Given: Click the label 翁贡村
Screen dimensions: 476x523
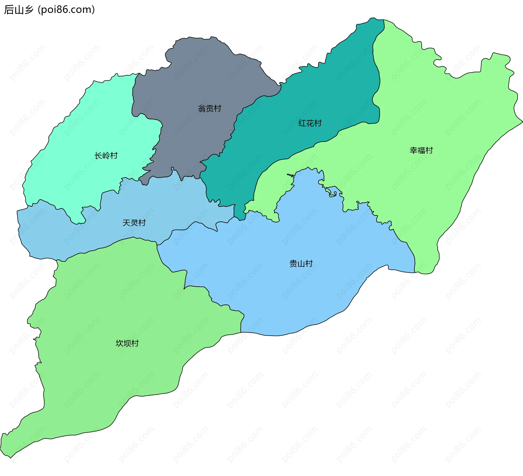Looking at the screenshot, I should coord(209,109).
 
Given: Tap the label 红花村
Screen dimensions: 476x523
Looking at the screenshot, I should coord(310,123).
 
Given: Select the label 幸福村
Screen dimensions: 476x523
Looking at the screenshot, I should coord(421,150).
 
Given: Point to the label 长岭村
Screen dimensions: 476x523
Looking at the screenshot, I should coord(106,156).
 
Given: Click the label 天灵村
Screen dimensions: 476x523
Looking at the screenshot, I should coord(134,223).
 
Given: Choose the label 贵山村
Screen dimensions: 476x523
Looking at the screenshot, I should coord(301,264).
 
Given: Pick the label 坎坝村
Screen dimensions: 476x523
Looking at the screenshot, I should coord(127,343).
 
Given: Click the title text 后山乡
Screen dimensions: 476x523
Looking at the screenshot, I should coord(19,10).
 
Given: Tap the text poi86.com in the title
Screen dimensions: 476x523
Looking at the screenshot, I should coord(66,10).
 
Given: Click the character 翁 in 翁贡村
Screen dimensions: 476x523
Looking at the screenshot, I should coord(202,109).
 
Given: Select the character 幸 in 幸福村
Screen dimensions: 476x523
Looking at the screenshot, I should coord(413,150).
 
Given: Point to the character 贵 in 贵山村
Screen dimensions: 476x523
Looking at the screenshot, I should coord(293,264).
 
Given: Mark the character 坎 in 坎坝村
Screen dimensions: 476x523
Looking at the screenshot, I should coord(120,343).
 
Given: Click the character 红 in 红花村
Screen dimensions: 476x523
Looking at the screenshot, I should coord(302,123).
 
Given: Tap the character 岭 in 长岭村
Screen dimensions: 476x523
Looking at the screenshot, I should coord(106,156).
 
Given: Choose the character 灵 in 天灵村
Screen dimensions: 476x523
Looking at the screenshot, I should coord(134,223).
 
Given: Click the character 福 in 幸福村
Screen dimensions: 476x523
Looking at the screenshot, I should coord(421,150).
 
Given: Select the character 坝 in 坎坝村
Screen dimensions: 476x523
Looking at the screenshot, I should coord(127,343).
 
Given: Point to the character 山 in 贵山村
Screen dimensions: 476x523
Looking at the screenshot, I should coord(301,264).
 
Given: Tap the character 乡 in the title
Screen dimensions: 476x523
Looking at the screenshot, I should coord(29,10).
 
